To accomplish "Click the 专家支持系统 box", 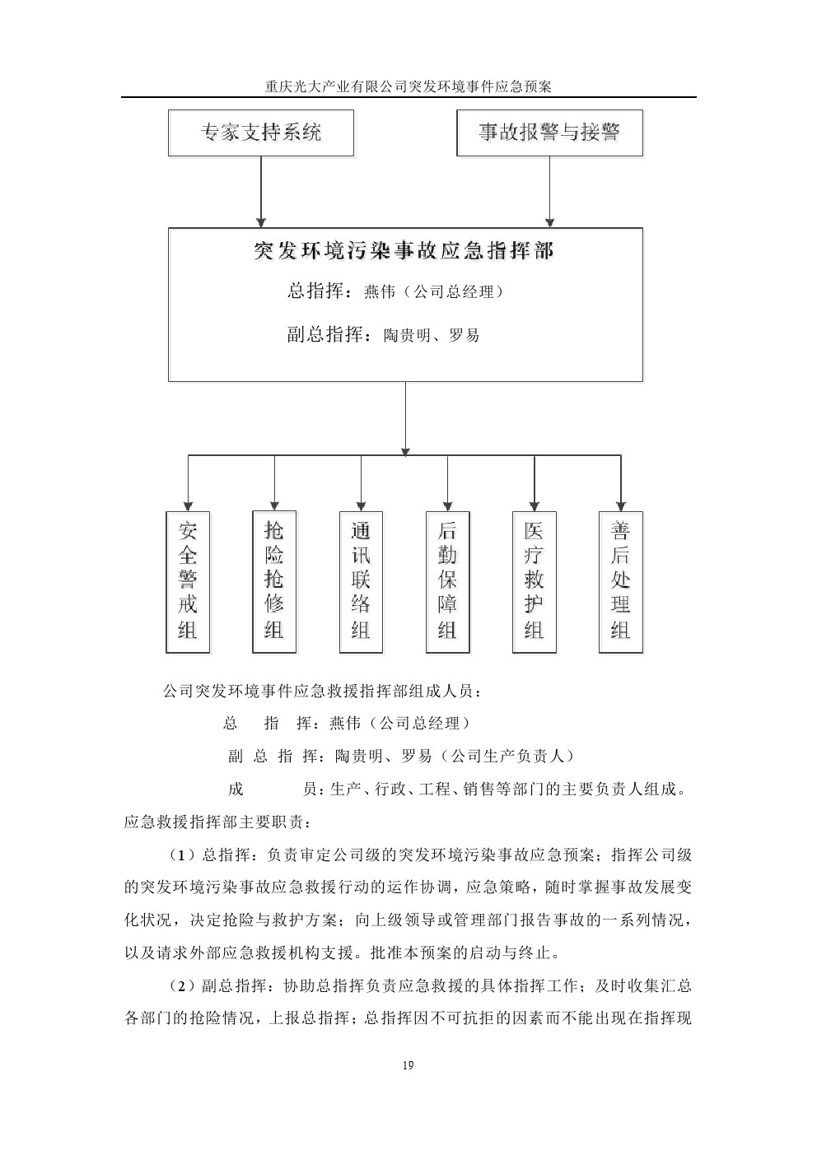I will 261,133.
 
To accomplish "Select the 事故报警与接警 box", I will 549,133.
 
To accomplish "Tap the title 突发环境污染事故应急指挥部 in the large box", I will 404,251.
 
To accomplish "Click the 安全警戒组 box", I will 188,581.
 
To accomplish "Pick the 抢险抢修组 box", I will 274,581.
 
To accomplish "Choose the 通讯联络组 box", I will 361,581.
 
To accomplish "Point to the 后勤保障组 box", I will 447,581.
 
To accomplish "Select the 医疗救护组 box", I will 535,581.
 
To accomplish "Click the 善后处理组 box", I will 621,581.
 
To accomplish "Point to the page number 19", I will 408,1066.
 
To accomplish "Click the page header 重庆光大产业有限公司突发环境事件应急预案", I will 408,86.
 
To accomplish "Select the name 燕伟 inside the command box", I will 380,291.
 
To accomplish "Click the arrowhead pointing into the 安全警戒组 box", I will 188,504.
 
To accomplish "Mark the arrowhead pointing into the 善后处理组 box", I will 621,504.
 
